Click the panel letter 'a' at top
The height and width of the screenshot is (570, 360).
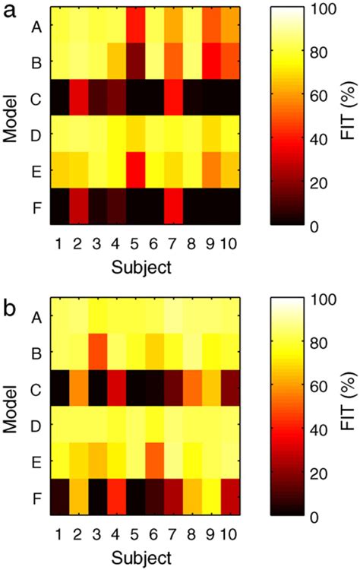(x=11, y=13)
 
